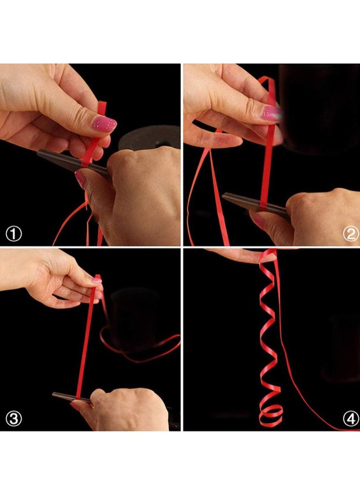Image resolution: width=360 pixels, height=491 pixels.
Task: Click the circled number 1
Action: tap(13, 234)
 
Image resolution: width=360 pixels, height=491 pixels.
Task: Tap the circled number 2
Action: tap(351, 234)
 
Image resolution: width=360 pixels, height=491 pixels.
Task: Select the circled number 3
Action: tap(13, 419)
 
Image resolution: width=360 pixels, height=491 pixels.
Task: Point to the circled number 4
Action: tap(351, 419)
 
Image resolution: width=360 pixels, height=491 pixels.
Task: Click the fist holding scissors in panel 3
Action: tap(125, 407)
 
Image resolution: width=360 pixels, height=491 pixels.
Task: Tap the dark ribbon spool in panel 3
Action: tap(134, 316)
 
